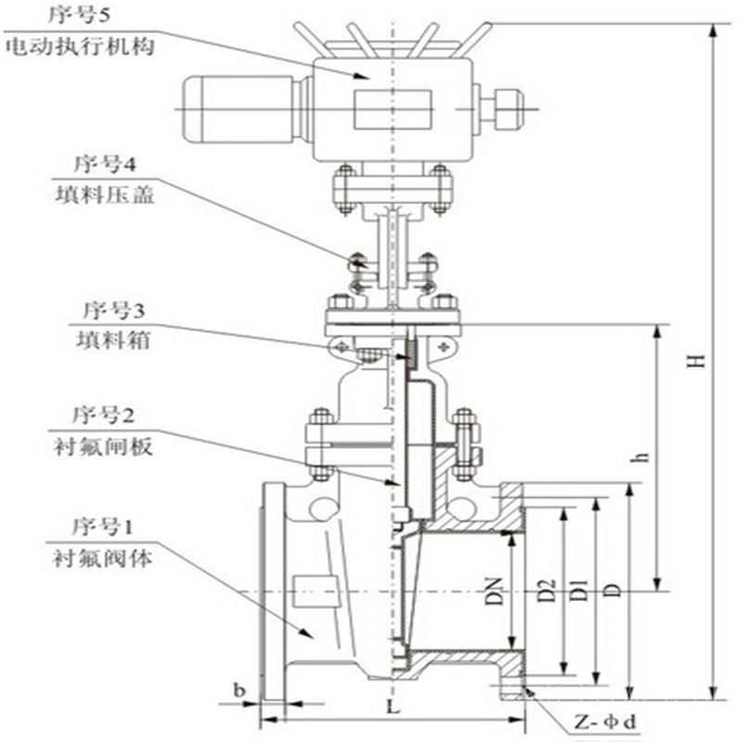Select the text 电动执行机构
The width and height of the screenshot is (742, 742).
coord(80,46)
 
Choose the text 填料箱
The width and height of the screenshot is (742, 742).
coord(105,340)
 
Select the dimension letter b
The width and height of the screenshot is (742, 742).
coord(240,690)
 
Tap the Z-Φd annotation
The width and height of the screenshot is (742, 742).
coord(608,720)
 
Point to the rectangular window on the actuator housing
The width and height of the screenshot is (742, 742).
coord(393,108)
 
